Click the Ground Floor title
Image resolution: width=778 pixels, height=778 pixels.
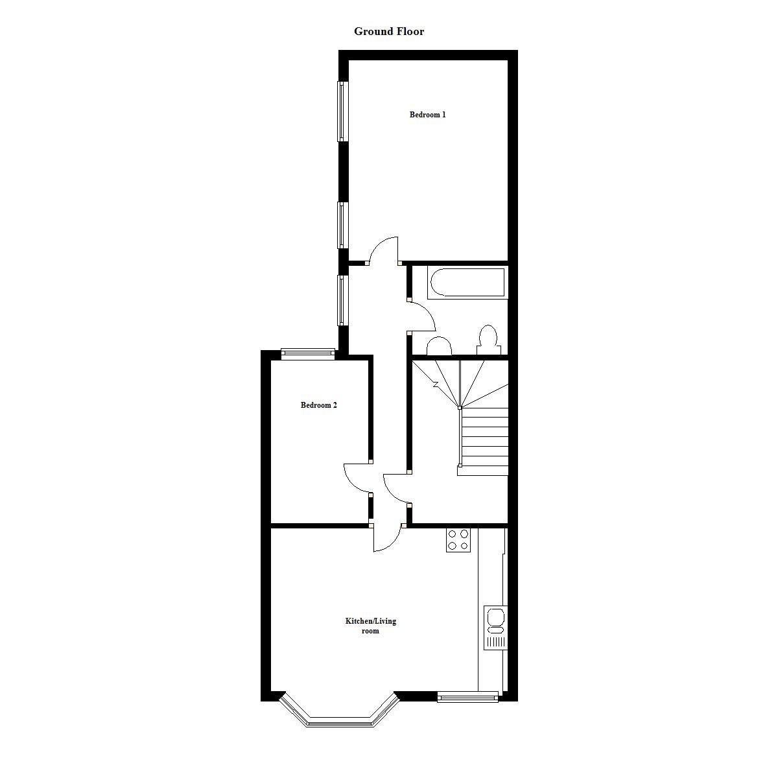389,31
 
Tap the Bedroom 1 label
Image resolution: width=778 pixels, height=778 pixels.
427,115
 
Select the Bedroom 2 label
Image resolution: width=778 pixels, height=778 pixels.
318,405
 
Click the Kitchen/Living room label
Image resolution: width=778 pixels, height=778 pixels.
370,626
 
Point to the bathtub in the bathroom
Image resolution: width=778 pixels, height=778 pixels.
466,283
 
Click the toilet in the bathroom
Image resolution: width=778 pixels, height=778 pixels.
488,340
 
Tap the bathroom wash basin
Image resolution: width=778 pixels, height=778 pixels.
439,347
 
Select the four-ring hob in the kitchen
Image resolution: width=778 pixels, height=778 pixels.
458,540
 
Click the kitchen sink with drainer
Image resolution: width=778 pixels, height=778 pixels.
495,627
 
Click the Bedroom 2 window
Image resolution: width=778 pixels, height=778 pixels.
308,353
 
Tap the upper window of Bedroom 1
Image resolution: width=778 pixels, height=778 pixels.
340,111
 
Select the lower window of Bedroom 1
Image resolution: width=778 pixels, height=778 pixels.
340,225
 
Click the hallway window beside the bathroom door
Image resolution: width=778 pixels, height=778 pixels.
340,300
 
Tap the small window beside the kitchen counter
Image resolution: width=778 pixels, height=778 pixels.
467,697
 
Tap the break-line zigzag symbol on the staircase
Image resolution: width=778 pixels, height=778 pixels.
436,384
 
